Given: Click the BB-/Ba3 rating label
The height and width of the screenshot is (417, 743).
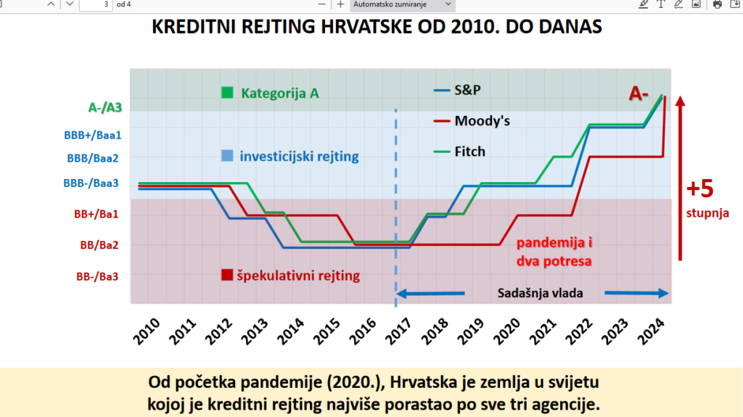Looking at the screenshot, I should point(97,276).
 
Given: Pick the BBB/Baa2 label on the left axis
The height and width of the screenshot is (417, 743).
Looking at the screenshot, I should point(93,157).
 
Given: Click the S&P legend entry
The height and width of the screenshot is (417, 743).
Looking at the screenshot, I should point(467,90).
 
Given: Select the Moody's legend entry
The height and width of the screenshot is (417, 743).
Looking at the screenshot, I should point(482,120).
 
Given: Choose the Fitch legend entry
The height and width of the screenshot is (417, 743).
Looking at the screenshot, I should point(469,152).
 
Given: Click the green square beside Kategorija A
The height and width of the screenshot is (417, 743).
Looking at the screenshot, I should point(227,93).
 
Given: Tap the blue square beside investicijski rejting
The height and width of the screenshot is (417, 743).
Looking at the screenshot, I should point(227,156).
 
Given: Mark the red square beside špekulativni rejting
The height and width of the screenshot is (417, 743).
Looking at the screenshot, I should point(227,275).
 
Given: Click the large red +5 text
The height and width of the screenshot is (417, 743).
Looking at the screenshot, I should point(700,189).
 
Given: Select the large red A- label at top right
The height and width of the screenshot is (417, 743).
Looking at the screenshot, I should point(638,94).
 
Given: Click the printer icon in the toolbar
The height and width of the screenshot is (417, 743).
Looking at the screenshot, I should point(717,4).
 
